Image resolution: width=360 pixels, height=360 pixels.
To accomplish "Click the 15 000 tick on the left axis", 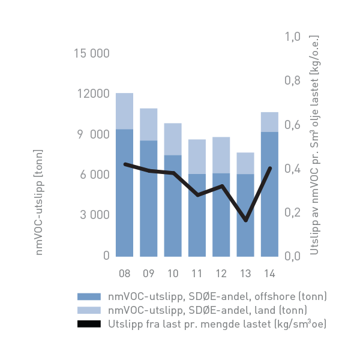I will [x=91, y=53].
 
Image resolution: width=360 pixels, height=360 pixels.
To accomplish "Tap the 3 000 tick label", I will [x=93, y=215].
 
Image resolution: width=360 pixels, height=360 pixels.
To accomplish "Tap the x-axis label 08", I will [x=124, y=274].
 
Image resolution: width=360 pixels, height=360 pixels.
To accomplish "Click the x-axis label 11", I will [x=197, y=274].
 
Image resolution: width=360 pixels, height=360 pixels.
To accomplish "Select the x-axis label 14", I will [x=269, y=274].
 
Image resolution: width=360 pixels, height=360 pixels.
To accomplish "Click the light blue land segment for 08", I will [x=124, y=111].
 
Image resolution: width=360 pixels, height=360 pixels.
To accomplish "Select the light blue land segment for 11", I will [x=197, y=157].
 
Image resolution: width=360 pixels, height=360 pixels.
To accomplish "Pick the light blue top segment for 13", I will [x=245, y=163].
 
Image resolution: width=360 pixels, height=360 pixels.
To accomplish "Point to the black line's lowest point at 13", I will [x=245, y=220].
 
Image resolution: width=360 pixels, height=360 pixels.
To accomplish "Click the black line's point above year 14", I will [x=269, y=168].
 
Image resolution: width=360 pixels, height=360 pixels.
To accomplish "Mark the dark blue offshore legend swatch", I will [x=89, y=296].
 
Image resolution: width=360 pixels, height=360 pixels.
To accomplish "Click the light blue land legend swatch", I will [x=89, y=310].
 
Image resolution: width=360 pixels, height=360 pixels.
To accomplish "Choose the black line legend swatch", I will [x=89, y=324].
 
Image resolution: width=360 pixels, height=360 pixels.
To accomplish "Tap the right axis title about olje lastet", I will [x=314, y=144].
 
